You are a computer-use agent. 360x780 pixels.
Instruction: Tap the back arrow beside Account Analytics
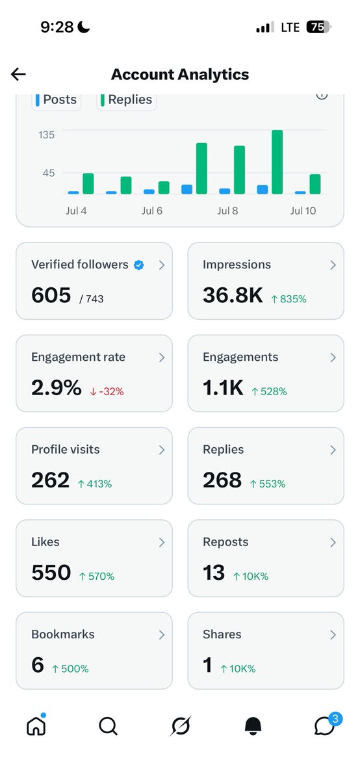click(18, 74)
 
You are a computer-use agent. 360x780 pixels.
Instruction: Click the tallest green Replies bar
click(277, 162)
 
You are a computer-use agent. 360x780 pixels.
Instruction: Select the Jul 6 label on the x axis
click(152, 211)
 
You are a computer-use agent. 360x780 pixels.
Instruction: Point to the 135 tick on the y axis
click(46, 135)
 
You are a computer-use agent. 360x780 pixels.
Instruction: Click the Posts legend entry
click(56, 99)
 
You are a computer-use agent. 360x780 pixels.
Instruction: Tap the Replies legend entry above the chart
click(126, 99)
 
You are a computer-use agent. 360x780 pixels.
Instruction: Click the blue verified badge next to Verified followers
click(139, 265)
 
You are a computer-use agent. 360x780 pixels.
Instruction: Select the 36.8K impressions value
click(233, 295)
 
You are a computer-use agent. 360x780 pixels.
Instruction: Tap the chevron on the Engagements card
click(333, 357)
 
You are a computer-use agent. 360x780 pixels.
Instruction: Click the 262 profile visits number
click(51, 480)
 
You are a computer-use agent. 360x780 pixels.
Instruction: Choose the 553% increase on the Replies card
click(267, 484)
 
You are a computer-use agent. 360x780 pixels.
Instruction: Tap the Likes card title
click(45, 542)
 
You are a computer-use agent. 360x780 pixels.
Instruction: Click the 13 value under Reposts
click(214, 573)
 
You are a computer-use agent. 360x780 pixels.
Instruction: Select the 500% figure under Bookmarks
click(70, 669)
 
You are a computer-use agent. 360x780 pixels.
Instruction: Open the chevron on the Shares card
click(333, 635)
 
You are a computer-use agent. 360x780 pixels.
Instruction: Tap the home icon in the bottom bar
click(36, 725)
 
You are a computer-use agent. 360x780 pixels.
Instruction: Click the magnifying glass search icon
click(109, 726)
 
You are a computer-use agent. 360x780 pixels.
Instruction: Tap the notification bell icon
click(253, 726)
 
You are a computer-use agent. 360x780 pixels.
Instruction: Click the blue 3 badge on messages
click(335, 719)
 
